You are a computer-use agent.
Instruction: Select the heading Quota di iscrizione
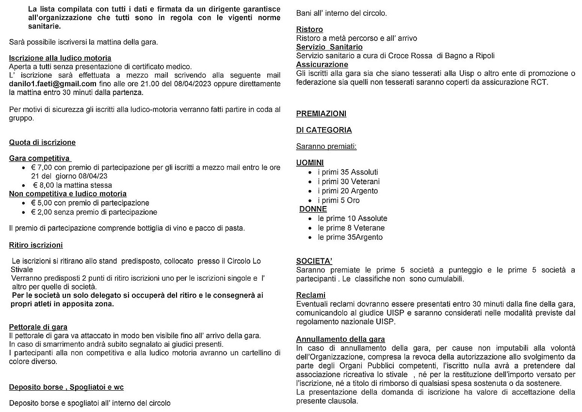[42, 143]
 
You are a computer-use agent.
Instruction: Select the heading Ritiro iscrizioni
[36, 245]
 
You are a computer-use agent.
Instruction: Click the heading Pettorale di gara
[38, 327]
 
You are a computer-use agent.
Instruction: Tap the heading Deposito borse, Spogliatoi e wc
[66, 387]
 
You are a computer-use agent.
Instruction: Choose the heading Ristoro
[309, 30]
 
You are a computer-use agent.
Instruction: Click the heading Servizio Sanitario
[329, 47]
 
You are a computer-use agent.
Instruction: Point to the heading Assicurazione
[322, 64]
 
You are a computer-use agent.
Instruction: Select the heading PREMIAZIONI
[321, 114]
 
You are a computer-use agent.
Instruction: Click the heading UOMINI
[310, 163]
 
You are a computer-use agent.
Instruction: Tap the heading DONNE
[313, 209]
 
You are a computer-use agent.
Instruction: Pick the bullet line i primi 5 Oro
[339, 200]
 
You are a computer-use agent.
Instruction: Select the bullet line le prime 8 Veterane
[351, 228]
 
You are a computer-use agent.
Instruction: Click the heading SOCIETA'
[314, 261]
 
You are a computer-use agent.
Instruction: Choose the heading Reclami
[311, 295]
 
